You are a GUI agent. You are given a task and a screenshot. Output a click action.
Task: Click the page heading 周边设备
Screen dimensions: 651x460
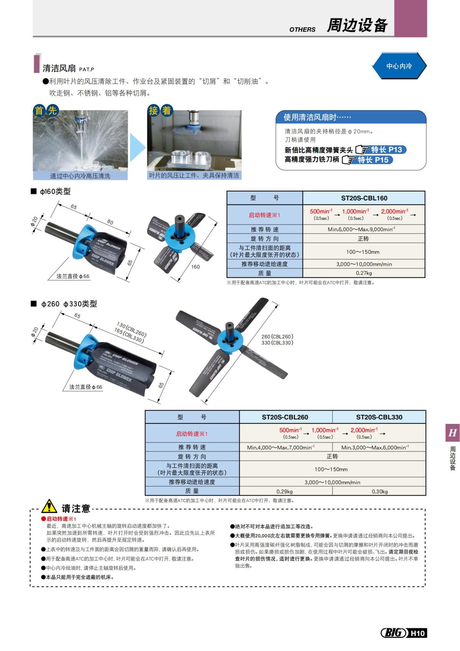coord(357,25)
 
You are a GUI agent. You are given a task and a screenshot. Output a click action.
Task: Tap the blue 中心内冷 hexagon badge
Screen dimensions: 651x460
coord(399,66)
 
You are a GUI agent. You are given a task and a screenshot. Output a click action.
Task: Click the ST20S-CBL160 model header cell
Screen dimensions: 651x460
coord(364,198)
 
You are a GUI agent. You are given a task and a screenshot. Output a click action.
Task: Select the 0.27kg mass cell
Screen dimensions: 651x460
coord(364,273)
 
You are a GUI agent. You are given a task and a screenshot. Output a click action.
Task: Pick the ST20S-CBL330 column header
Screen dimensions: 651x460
coord(379,417)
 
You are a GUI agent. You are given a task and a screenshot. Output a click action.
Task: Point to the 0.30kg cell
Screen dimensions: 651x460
coord(379,491)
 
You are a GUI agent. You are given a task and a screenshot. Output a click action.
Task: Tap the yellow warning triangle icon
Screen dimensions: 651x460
coord(49,507)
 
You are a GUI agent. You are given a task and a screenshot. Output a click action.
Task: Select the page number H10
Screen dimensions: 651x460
coord(417,633)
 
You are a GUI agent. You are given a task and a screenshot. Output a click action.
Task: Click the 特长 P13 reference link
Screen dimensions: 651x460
coord(386,150)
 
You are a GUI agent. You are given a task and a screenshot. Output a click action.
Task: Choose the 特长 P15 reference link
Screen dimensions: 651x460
coord(373,160)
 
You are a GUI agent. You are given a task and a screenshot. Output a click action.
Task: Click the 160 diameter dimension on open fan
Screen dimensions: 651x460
coord(195,267)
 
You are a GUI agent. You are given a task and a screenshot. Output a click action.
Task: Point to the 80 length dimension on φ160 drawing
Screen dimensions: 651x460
coord(110,222)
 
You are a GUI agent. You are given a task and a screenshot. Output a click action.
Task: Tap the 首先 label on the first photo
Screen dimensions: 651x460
coord(46,111)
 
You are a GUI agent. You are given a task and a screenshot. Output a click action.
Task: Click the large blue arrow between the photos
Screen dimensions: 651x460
coord(137,147)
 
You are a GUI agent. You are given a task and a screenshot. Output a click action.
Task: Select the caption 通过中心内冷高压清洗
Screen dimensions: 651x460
coord(80,176)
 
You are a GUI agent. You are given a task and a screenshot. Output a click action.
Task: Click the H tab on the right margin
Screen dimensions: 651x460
coord(452,433)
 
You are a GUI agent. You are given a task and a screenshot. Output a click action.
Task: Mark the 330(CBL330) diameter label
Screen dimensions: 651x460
coord(277,343)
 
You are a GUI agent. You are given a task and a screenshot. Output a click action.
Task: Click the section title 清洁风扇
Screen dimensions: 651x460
coord(59,68)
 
